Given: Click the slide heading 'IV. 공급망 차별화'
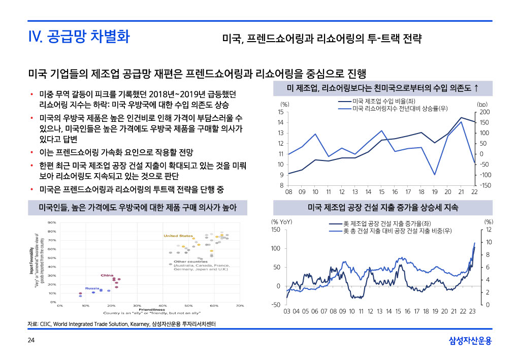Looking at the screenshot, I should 79,37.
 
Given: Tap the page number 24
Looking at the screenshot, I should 31,341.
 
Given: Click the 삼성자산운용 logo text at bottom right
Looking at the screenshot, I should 470,341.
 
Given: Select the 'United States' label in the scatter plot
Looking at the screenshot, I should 178,236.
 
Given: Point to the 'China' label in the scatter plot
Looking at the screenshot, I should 107,275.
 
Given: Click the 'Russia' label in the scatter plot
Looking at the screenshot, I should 92,288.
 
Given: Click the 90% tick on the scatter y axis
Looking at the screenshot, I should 52,222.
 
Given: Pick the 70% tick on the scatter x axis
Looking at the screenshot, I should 240,306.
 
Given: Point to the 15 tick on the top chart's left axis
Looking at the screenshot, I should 280,112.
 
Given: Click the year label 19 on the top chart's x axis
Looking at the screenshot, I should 435,192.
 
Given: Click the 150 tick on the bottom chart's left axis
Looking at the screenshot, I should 276,230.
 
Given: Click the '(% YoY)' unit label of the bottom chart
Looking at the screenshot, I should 282,222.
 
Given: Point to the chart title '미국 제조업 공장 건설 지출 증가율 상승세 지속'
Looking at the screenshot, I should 383,208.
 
